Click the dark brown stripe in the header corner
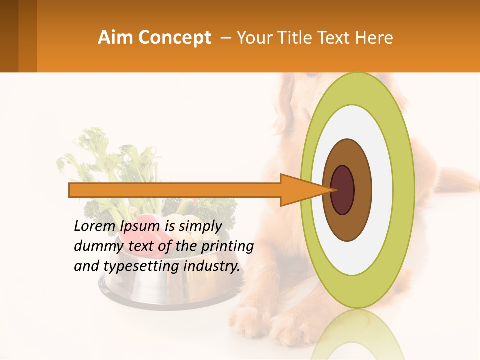(x=9, y=36)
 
